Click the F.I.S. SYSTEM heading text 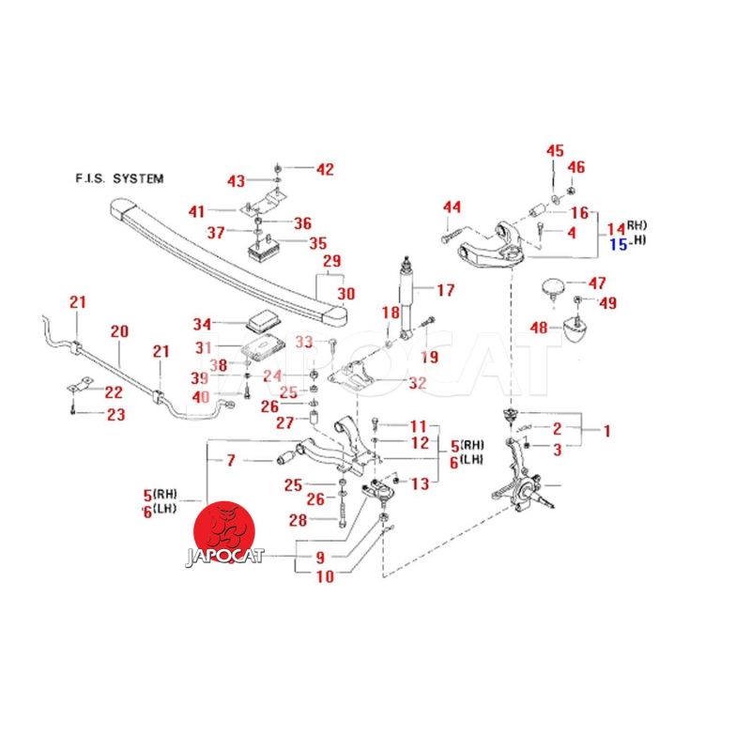coord(118,177)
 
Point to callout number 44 coord(452,207)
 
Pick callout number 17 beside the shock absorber coord(445,290)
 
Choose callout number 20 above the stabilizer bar coord(119,331)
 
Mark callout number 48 coord(538,328)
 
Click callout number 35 coord(318,242)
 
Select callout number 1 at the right coord(606,432)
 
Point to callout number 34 coord(203,325)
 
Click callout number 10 coord(324,577)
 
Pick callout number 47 coord(597,283)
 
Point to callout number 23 coord(115,414)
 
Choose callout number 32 coord(417,383)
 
